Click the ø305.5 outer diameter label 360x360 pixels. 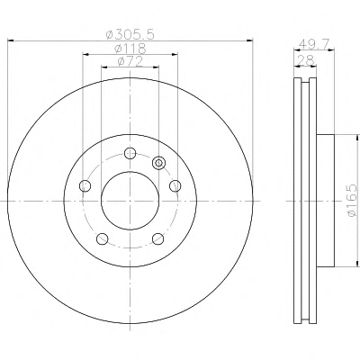point(130,35)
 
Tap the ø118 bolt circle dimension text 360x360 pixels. point(130,49)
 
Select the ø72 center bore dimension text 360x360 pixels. point(130,61)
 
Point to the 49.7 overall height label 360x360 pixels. point(313,45)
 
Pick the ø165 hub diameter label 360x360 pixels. point(352,200)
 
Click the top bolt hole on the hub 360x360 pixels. point(130,153)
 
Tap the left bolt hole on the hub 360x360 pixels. point(85,186)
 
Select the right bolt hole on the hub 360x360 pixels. point(175,186)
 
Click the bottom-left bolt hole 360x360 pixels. point(103,239)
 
